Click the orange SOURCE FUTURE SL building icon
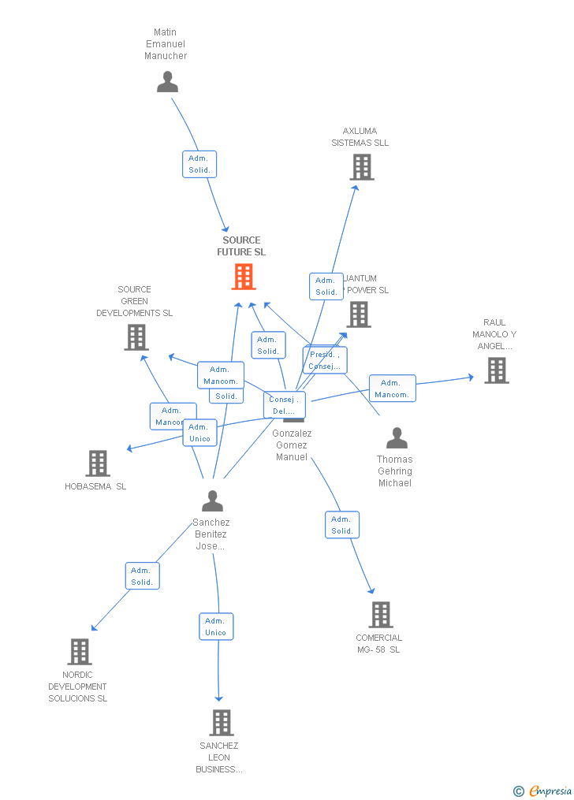point(244,277)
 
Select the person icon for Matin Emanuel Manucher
point(167,82)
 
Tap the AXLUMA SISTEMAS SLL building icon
point(361,167)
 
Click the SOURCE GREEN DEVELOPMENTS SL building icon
point(136,337)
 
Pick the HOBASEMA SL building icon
point(98,463)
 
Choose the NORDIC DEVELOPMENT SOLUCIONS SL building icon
point(80,652)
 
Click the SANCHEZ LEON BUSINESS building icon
point(222,723)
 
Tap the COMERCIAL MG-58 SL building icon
point(380,615)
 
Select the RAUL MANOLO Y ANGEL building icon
point(496,370)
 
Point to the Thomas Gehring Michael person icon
point(397,438)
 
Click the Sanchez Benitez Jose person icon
point(212,501)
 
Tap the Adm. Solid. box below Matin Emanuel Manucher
point(199,164)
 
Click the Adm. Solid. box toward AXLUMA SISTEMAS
point(326,286)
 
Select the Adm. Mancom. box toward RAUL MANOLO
point(392,389)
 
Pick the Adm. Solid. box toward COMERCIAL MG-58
point(342,525)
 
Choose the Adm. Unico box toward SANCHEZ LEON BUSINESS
point(216,627)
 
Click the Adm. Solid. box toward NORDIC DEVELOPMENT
point(142,576)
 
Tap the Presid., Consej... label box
point(325,360)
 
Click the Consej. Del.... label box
point(284,405)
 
